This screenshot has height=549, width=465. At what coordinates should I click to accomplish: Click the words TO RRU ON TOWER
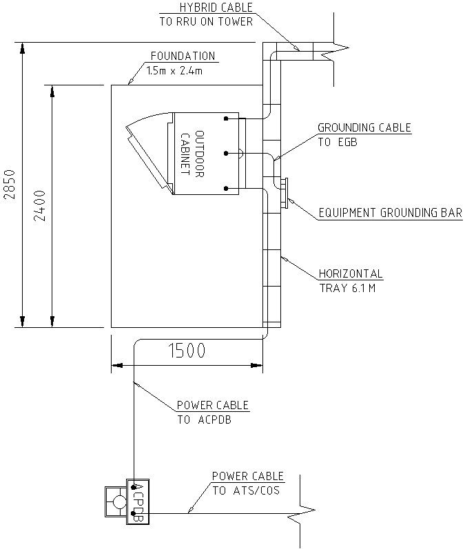pyautogui.click(x=206, y=21)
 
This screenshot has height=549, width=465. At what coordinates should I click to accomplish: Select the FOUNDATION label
pyautogui.click(x=183, y=56)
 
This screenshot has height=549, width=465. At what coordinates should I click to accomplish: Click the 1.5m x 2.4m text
pyautogui.click(x=173, y=70)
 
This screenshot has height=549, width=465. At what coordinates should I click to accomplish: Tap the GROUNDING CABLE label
pyautogui.click(x=364, y=128)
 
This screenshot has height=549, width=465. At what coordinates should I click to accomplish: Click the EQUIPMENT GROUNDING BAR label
pyautogui.click(x=390, y=214)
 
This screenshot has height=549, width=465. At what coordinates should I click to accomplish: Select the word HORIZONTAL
pyautogui.click(x=351, y=273)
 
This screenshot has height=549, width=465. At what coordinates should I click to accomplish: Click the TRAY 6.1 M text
pyautogui.click(x=347, y=288)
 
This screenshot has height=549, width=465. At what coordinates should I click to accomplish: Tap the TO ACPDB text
pyautogui.click(x=204, y=419)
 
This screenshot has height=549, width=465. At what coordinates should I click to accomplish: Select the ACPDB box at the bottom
pyautogui.click(x=136, y=501)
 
